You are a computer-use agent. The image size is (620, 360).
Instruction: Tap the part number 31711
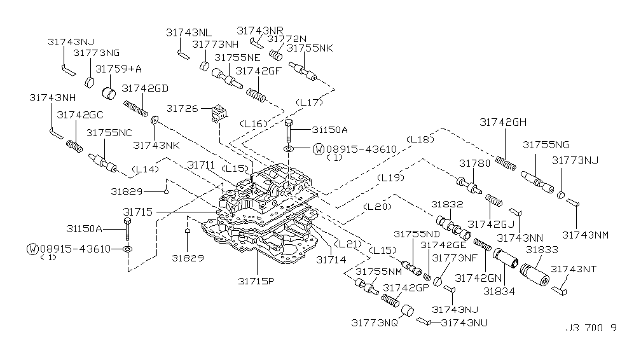(x=200, y=165)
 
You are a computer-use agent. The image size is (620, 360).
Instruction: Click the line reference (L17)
(x=310, y=102)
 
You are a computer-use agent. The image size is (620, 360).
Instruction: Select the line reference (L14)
(x=145, y=169)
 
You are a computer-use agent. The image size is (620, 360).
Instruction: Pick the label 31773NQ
(x=374, y=322)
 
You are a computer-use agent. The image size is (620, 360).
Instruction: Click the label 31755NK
(x=310, y=48)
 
